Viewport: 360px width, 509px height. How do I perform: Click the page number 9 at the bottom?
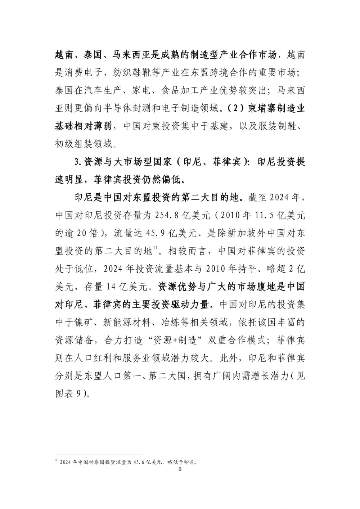tap(180, 469)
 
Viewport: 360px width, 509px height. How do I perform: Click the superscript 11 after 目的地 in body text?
tap(156, 247)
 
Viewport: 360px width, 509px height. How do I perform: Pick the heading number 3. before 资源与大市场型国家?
tap(78, 162)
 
